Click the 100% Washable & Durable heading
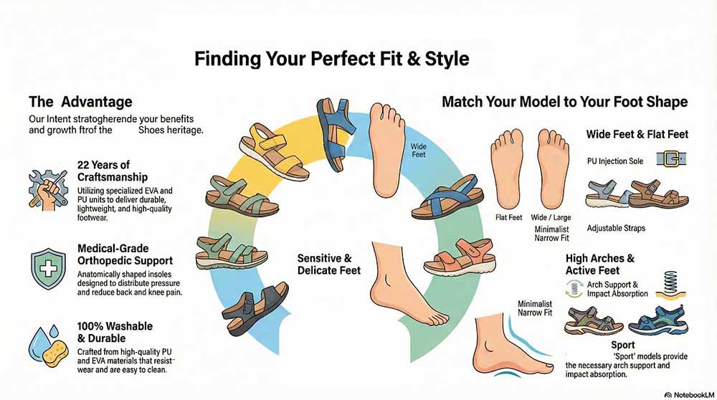115,332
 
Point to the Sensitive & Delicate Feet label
325,264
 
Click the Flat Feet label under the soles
508,217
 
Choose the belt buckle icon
672,159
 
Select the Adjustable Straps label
615,228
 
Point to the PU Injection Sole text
615,161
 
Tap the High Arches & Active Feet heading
599,264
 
